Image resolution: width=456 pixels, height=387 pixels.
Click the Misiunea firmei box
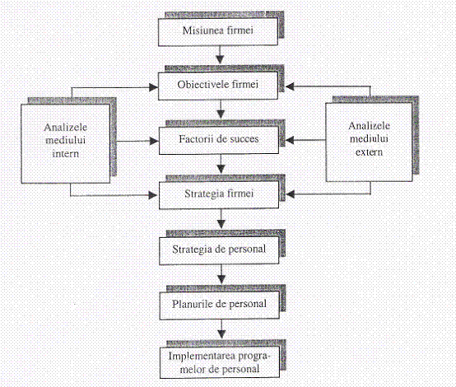218,32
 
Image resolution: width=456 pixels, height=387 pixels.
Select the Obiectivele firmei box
218,86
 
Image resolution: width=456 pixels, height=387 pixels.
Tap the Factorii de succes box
219,140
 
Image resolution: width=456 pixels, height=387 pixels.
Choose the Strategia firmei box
219,194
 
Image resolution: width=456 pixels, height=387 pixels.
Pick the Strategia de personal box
219,250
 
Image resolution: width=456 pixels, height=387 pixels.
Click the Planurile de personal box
219,305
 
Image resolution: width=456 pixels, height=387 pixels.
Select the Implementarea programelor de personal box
220,362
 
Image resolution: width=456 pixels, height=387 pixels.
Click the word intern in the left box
65,153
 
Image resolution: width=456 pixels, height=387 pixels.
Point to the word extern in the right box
369,152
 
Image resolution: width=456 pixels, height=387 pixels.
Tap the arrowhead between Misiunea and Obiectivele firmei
220,59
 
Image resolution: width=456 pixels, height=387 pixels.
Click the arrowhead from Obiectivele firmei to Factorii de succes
221,114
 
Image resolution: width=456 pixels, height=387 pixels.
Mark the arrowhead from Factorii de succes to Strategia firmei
221,169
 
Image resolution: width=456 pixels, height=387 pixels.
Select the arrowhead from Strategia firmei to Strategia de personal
221,224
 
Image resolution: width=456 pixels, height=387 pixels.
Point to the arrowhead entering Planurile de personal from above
221,279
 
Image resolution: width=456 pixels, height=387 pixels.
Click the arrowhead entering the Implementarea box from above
222,334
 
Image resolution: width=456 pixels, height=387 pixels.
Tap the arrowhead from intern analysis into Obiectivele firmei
154,87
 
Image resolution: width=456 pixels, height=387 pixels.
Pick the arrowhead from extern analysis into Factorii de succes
290,140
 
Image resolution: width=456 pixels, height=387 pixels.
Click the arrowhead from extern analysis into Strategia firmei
290,194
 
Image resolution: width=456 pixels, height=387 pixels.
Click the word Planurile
193,304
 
